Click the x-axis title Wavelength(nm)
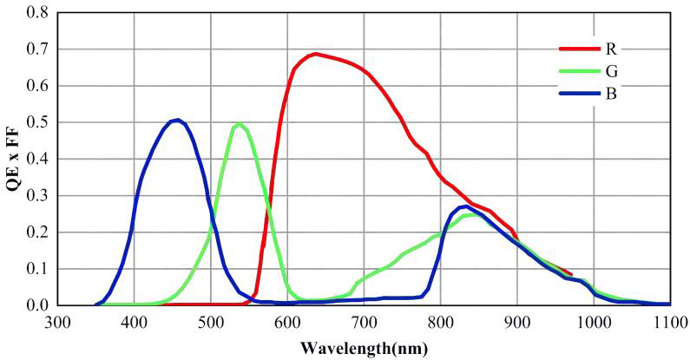[x=363, y=349]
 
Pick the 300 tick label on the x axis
[x=57, y=322]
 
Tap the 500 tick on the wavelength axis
[x=210, y=322]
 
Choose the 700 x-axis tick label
[x=364, y=322]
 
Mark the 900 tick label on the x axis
[x=517, y=322]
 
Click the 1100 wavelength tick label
[x=670, y=322]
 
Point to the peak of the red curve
[x=315, y=54]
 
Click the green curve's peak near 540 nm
[x=239, y=124]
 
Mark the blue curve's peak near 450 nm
[x=177, y=120]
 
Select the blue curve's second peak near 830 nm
[x=465, y=206]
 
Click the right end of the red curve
[x=570, y=274]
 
